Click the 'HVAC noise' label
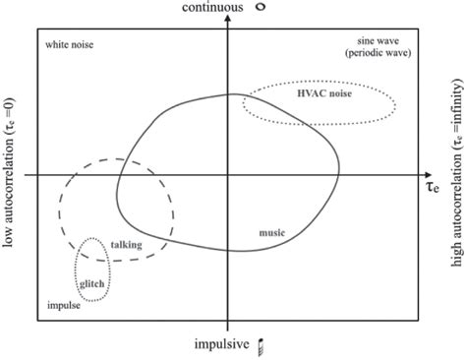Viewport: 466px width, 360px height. (319, 93)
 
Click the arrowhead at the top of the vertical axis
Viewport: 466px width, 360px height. (228, 21)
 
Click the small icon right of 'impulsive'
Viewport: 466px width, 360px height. (261, 344)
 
